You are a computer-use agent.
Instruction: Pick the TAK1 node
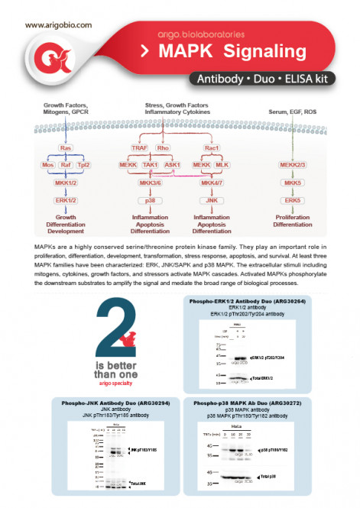[x=150, y=164]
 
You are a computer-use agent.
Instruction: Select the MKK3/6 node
[x=150, y=183]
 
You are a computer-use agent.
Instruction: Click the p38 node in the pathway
[x=150, y=200]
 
